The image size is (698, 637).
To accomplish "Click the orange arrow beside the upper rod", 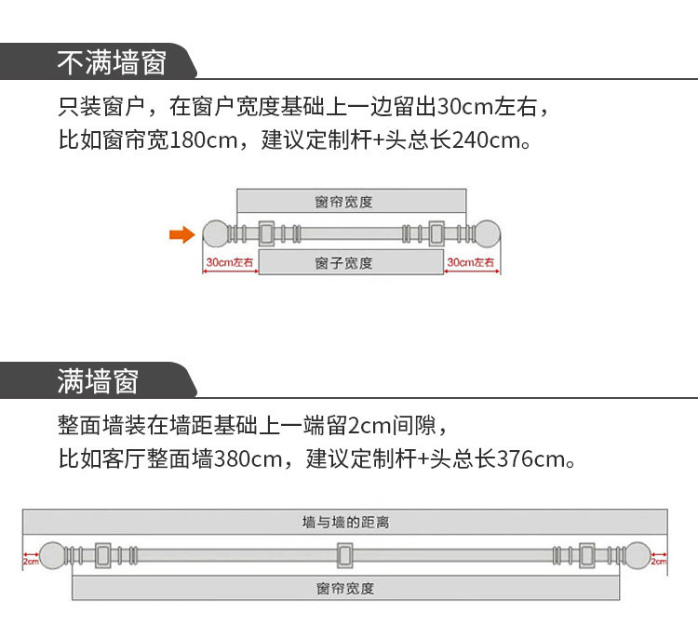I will (x=181, y=234).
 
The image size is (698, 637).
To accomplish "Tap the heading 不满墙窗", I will (x=112, y=62).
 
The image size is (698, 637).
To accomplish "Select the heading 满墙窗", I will (x=98, y=381).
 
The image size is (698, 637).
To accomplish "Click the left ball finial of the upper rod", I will (x=216, y=232).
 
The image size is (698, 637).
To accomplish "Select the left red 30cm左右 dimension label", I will (x=230, y=263).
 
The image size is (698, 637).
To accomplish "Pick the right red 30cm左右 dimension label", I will (x=471, y=263).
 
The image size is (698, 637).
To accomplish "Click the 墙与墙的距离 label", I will (x=345, y=523).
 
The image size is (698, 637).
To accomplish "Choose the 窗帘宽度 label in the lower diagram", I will (x=345, y=589).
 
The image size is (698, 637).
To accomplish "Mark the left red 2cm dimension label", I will (x=31, y=562).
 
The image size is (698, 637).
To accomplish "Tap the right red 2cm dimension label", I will (x=658, y=562).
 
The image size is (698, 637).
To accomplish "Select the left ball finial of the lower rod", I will (x=57, y=556).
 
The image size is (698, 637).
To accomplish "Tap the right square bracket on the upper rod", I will (x=436, y=232).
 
